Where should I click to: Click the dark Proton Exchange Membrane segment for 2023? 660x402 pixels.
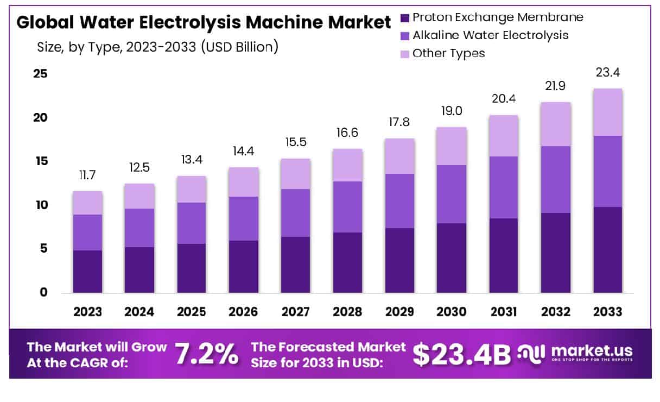click(x=87, y=271)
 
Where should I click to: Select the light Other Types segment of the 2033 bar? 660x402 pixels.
click(x=607, y=112)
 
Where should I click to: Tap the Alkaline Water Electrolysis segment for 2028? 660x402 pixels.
click(x=348, y=207)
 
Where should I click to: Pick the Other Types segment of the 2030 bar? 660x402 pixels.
click(x=452, y=146)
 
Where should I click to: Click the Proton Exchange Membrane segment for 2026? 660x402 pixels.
click(x=244, y=266)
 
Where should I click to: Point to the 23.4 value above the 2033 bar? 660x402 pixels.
click(x=607, y=72)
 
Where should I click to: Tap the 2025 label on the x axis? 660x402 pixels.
click(x=192, y=312)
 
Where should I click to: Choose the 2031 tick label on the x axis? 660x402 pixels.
click(x=504, y=312)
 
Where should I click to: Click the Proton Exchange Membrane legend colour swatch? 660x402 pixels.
click(x=405, y=18)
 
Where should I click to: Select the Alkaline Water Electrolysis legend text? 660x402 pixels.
click(x=491, y=35)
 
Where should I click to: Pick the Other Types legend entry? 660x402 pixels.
click(x=448, y=53)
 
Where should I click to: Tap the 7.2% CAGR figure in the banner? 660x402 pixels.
click(x=206, y=355)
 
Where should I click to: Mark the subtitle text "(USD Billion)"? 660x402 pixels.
click(x=239, y=47)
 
